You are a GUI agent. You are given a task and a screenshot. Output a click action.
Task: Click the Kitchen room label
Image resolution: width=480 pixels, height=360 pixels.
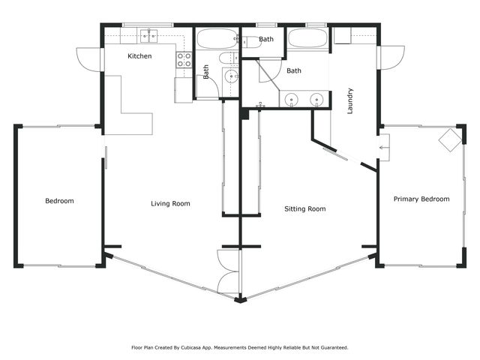(x=139, y=56)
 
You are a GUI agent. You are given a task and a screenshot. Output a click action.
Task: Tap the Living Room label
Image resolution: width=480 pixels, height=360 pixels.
(x=170, y=203)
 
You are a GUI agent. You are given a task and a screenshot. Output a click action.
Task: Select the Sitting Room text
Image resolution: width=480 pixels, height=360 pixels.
(x=305, y=208)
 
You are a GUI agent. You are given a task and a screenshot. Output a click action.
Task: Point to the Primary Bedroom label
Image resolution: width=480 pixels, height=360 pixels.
(x=421, y=199)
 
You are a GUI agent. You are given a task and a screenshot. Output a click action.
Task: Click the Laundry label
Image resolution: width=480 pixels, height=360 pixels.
(x=350, y=101)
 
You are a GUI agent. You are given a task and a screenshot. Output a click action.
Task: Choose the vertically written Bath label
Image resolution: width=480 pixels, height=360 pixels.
(x=206, y=72)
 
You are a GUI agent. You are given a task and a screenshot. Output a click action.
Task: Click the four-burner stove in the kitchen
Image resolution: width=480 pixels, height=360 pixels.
(x=184, y=60)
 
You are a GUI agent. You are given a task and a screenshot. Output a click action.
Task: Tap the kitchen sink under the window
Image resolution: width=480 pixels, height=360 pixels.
(x=147, y=36)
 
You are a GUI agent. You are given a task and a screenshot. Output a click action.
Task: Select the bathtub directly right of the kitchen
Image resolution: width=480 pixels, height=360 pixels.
(x=217, y=38)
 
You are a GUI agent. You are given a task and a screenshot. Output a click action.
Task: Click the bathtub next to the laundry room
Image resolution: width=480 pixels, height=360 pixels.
(x=307, y=39)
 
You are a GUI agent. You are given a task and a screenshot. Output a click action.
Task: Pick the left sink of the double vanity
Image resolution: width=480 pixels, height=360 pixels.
(x=292, y=98)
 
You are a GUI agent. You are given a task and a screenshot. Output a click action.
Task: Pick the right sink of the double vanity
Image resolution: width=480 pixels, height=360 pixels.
(x=316, y=98)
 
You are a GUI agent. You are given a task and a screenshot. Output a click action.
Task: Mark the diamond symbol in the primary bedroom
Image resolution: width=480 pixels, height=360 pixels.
(x=449, y=139)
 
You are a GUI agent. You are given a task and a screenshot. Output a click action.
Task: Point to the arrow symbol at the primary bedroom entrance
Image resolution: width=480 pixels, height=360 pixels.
(x=384, y=148)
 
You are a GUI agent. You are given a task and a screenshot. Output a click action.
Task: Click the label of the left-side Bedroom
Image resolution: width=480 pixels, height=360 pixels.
(x=59, y=201)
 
